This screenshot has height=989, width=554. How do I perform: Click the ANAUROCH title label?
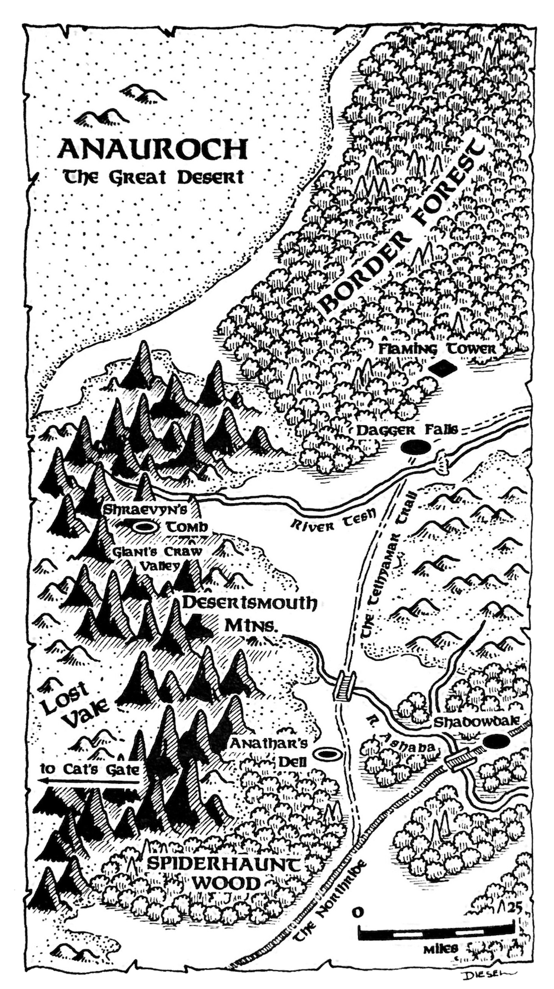pos(152,150)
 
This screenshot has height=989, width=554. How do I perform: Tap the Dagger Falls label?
pos(407,430)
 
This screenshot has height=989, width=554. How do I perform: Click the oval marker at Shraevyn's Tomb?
pos(143,525)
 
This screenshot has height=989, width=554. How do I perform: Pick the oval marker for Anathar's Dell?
pos(325,754)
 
